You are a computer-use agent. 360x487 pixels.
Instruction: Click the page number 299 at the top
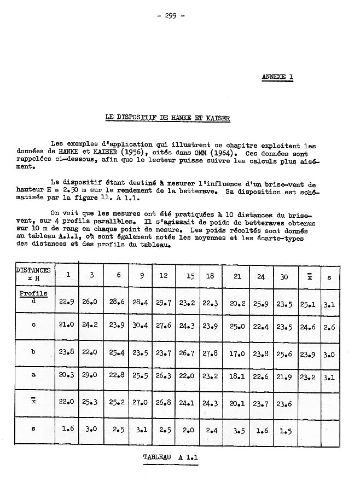pyautogui.click(x=170, y=15)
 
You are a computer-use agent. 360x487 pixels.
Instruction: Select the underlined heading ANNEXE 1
pyautogui.click(x=277, y=77)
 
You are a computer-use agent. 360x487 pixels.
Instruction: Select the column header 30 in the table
pyautogui.click(x=284, y=277)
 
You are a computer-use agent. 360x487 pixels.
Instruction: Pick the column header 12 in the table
pyautogui.click(x=164, y=276)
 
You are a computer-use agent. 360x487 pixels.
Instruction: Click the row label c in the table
pyautogui.click(x=33, y=325)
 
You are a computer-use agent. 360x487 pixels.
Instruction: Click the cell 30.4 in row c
pyautogui.click(x=141, y=326)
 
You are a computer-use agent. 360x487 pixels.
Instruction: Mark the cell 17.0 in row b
pyautogui.click(x=237, y=353)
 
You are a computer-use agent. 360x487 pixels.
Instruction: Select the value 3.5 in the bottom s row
pyautogui.click(x=239, y=431)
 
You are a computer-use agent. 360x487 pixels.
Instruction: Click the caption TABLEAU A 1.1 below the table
pyautogui.click(x=171, y=457)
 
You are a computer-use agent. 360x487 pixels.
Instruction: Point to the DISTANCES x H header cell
pyautogui.click(x=33, y=274)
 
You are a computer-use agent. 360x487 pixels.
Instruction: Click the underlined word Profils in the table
pyautogui.click(x=33, y=293)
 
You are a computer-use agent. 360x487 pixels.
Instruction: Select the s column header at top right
pyautogui.click(x=329, y=277)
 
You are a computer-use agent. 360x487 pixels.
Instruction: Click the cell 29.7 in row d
pyautogui.click(x=164, y=302)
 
